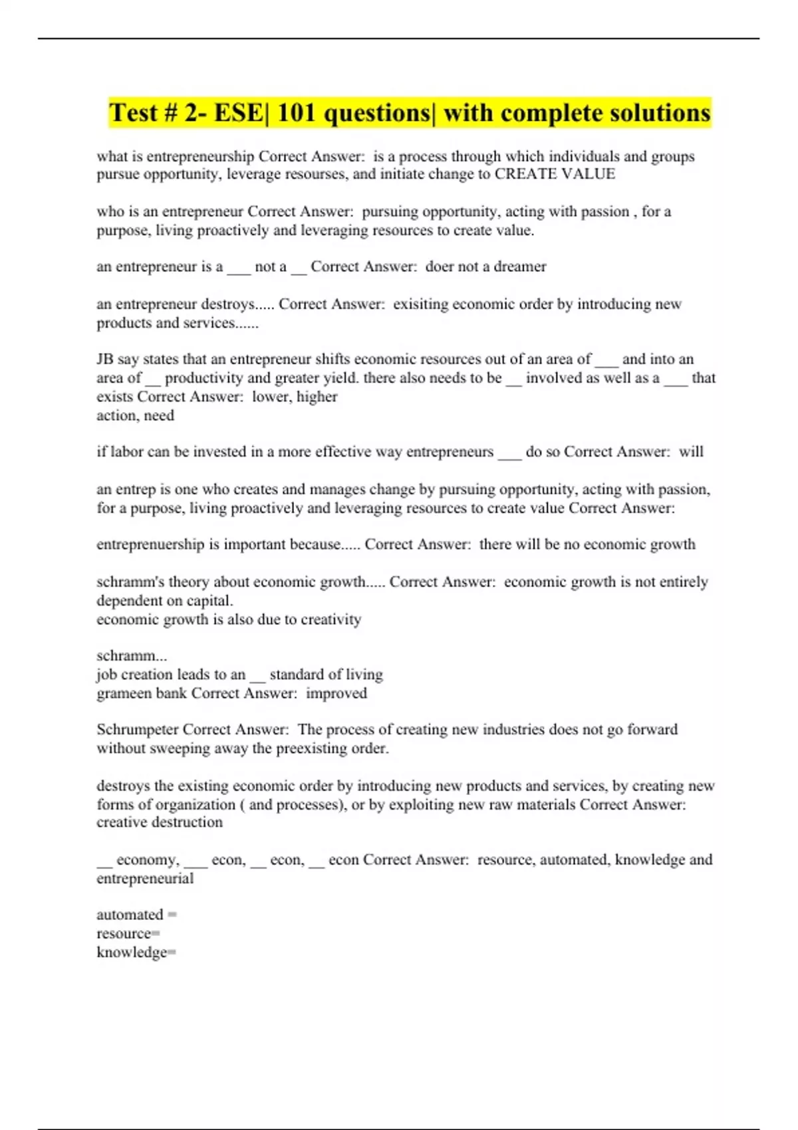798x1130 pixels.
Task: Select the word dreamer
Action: (519, 267)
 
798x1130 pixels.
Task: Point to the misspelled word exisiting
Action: (420, 304)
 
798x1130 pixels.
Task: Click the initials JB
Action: (105, 359)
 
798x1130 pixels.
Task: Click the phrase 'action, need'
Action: (135, 415)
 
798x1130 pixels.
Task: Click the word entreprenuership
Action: (150, 544)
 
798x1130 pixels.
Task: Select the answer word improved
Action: (336, 693)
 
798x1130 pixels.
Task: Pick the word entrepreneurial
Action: (145, 879)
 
